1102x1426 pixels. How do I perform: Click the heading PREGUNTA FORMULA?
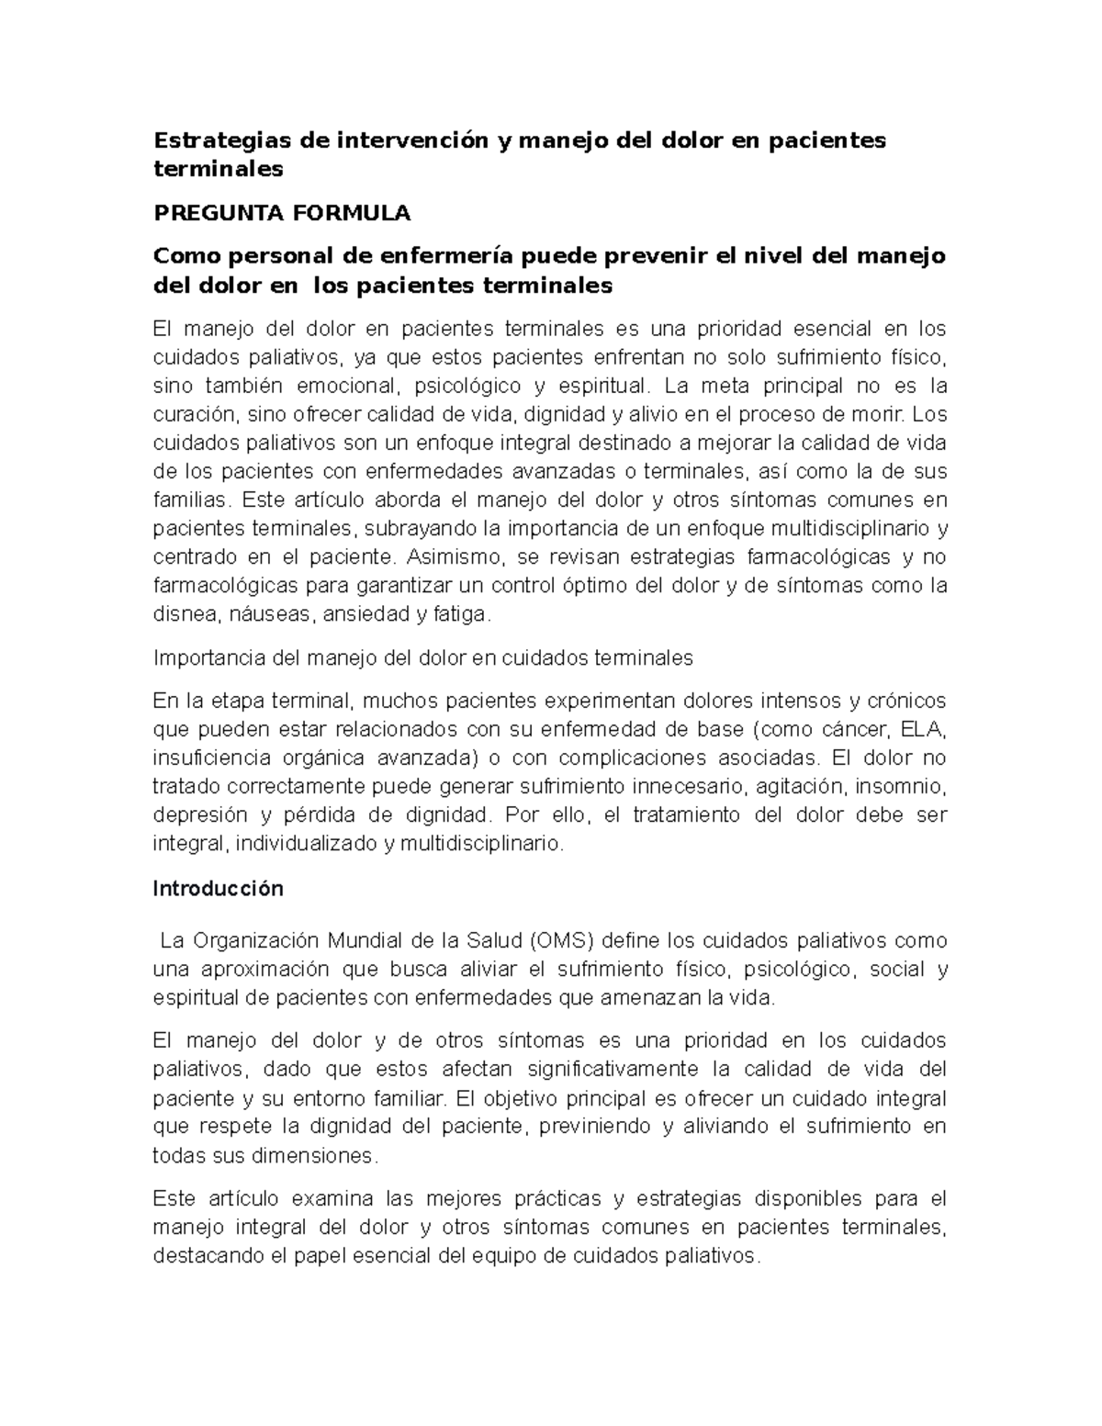281,214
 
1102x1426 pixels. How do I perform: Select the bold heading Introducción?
218,889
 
